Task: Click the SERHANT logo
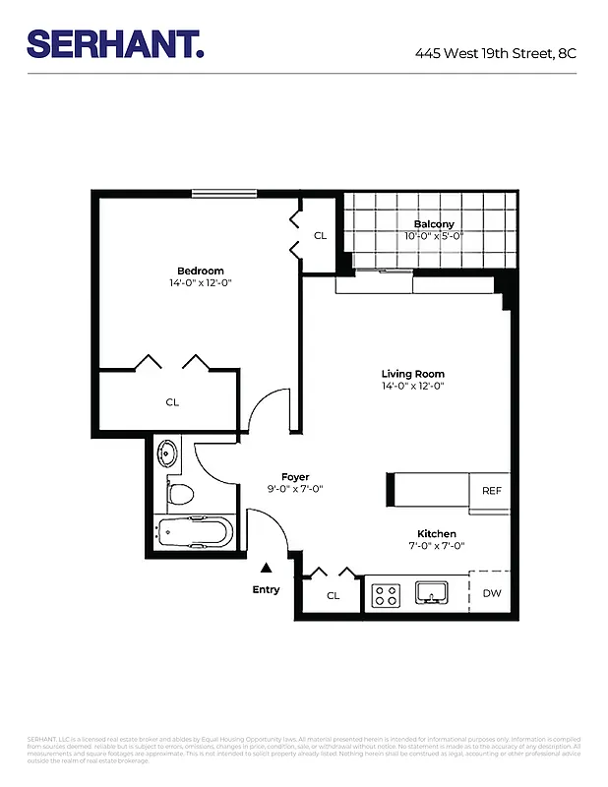[x=115, y=43]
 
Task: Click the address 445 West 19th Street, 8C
[x=495, y=53]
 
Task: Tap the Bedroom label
[x=200, y=271]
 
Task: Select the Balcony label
[x=433, y=224]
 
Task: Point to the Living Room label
[x=412, y=374]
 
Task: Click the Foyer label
[x=295, y=477]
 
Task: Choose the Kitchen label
[x=436, y=534]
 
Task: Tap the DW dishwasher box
[x=491, y=593]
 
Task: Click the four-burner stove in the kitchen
[x=385, y=594]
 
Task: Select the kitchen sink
[x=432, y=592]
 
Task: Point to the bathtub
[x=195, y=534]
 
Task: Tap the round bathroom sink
[x=168, y=454]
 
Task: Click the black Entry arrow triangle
[x=266, y=568]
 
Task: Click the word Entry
[x=266, y=589]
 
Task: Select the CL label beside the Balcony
[x=320, y=236]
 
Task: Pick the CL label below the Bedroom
[x=172, y=401]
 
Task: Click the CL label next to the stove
[x=333, y=595]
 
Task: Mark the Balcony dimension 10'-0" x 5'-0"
[x=433, y=236]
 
